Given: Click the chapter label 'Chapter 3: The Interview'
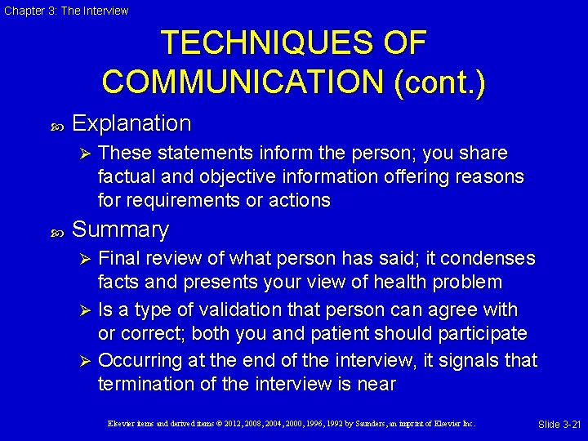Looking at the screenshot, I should (65, 11).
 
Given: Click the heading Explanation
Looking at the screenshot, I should (131, 123).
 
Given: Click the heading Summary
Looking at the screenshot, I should (120, 230).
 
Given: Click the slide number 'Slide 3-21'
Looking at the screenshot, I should (559, 424).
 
